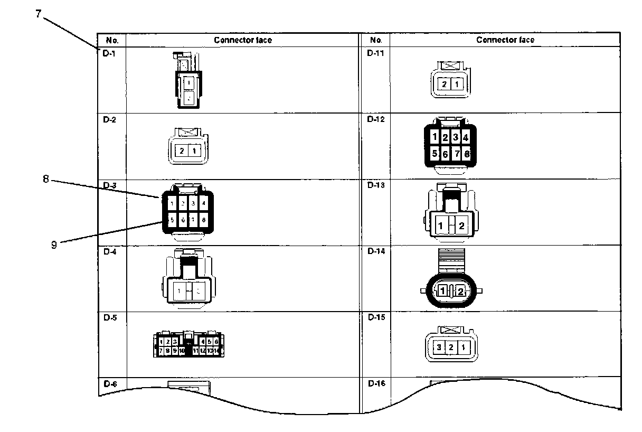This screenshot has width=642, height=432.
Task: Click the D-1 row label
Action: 108,53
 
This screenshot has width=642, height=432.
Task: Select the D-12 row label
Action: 375,119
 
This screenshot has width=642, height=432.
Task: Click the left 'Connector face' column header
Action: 242,40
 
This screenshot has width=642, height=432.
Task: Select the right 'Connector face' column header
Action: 505,40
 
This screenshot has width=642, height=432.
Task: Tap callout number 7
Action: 39,14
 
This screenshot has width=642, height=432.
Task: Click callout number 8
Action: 46,179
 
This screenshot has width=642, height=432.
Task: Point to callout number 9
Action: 54,245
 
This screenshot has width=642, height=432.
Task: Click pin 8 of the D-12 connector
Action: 467,154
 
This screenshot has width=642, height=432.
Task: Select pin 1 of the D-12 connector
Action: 433,138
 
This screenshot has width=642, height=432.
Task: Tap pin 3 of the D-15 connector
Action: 438,348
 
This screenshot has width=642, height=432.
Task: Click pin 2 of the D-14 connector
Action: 461,291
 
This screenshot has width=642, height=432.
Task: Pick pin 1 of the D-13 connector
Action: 440,226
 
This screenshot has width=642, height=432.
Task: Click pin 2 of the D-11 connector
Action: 445,84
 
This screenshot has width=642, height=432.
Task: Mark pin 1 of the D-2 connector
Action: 194,151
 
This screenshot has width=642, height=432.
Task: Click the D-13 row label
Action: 375,185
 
